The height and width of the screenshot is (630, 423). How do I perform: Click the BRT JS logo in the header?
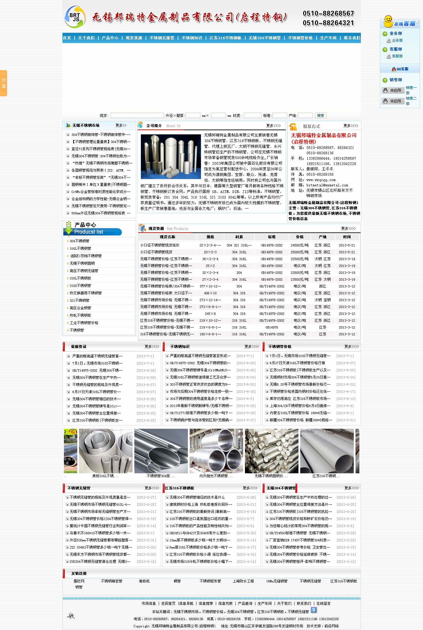(75, 17)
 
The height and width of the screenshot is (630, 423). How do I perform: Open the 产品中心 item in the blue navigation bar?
(110, 38)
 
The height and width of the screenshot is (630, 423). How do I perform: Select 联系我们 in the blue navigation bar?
(352, 38)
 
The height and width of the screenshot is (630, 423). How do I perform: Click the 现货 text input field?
(137, 115)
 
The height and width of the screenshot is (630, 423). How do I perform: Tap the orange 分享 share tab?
(4, 83)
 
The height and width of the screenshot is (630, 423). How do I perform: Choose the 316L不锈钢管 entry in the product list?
(80, 249)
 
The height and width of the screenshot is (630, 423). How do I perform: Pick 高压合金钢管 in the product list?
(80, 308)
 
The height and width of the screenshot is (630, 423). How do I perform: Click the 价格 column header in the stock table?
(300, 237)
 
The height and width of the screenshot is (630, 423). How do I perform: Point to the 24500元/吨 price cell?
(300, 245)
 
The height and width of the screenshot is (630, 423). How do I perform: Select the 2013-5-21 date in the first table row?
(347, 245)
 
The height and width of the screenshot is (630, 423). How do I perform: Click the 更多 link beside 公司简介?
(273, 126)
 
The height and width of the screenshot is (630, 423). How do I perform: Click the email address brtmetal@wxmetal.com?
(327, 185)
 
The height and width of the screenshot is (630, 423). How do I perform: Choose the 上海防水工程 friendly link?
(243, 581)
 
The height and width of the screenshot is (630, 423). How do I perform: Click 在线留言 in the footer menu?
(323, 603)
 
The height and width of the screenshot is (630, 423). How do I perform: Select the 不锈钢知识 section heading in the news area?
(180, 347)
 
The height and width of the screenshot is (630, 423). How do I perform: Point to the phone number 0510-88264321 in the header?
(328, 23)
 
